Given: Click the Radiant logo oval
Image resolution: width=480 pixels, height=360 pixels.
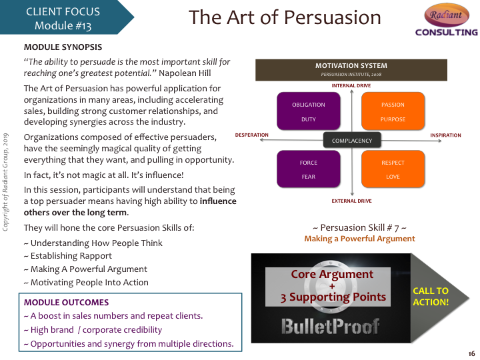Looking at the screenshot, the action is pos(447,15).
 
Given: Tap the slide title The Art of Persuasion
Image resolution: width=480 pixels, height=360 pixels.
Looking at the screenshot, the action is pos(285,17).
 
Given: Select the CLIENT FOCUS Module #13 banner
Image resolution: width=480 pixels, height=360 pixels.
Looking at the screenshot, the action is pos(67,17).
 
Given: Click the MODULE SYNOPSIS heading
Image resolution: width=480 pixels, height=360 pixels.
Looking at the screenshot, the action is pos(63,47).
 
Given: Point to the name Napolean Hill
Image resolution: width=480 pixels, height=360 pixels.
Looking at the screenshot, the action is pos(185,73).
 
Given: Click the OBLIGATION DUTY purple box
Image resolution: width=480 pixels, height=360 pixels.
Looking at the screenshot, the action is pos(309,111).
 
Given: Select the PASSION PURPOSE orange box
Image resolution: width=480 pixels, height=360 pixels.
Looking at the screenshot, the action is pos(393,111).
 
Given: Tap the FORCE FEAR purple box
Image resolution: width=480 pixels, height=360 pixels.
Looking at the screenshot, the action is pos(309,169).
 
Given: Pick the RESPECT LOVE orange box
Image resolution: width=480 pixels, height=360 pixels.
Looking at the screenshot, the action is pos(393,169).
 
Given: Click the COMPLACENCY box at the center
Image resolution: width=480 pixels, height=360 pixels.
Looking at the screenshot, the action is pos(352,140).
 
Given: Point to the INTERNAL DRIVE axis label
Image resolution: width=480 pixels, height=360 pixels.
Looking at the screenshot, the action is pos(351,86).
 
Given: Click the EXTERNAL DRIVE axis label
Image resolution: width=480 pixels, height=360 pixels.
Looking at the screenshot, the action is pos(351,201).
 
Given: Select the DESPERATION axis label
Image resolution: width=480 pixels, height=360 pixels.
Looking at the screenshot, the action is pos(251,135).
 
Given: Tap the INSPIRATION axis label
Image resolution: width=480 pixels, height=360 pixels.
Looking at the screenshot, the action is pos(446,135).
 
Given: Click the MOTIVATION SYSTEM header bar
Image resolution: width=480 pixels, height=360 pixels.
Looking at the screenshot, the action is pos(351,70).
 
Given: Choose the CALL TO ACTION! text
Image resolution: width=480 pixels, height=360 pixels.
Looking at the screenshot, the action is pos(431,296).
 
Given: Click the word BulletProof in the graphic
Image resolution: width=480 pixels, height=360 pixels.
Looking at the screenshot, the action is pos(330,326).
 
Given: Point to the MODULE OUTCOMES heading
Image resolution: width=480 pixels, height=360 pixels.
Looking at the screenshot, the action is pos(66,303).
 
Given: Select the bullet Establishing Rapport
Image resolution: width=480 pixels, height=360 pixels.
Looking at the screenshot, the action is pos(67,256).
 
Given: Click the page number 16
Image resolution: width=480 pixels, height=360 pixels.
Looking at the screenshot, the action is pos(471,353).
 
